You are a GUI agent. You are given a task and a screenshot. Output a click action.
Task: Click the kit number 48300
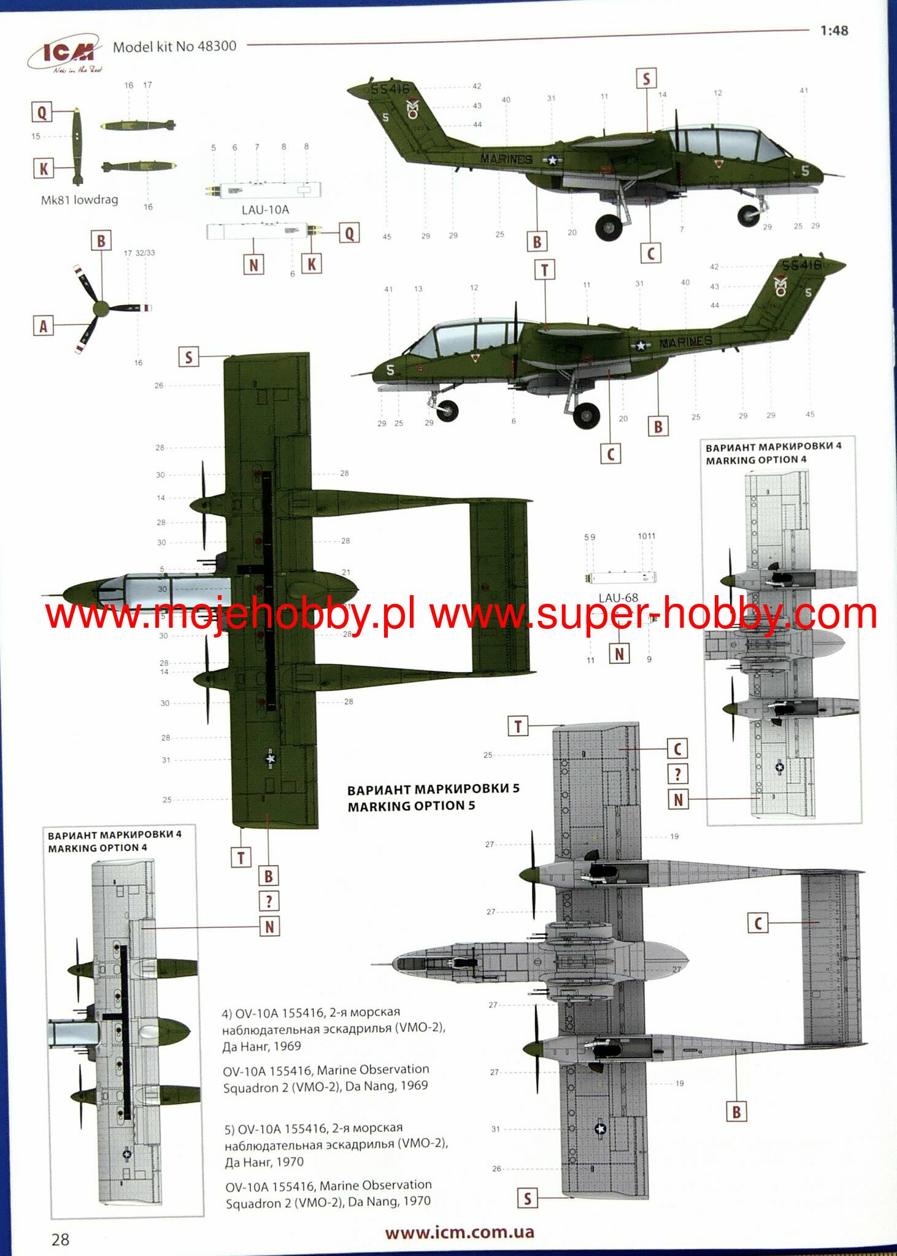pyautogui.click(x=217, y=46)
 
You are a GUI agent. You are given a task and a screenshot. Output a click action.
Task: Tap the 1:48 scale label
pyautogui.click(x=834, y=31)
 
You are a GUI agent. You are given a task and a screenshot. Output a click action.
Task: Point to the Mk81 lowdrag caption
pyautogui.click(x=79, y=199)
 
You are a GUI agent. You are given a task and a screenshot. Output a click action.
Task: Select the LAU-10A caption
pyautogui.click(x=265, y=210)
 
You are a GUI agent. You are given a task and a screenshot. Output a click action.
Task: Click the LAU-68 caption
pyautogui.click(x=618, y=598)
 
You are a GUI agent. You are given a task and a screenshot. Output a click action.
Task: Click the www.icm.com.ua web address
pyautogui.click(x=460, y=1232)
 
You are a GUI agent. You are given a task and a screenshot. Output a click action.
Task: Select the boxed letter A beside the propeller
pyautogui.click(x=43, y=326)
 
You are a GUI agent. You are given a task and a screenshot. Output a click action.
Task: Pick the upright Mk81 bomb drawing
pyautogui.click(x=77, y=146)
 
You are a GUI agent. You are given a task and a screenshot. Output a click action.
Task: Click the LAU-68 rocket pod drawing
pyautogui.click(x=621, y=577)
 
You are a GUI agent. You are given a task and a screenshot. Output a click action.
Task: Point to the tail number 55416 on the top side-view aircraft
pyautogui.click(x=390, y=89)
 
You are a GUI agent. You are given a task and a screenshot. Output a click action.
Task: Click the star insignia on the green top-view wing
pyautogui.click(x=270, y=759)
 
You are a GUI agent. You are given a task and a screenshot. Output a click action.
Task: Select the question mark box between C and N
pyautogui.click(x=677, y=774)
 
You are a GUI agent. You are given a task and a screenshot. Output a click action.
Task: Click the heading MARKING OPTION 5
pyautogui.click(x=411, y=806)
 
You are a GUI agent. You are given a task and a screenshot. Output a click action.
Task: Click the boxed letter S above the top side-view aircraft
pyautogui.click(x=645, y=79)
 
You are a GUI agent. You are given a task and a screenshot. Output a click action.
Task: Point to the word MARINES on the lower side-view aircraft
pyautogui.click(x=685, y=341)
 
